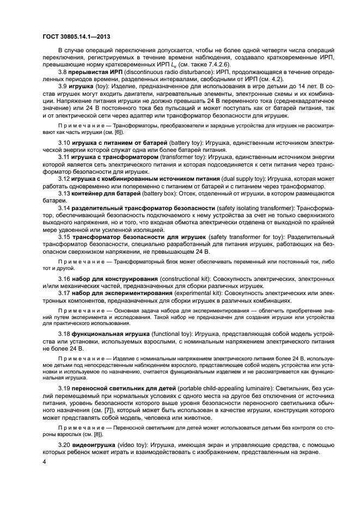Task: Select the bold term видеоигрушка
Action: tap(97, 444)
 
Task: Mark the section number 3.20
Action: tap(65, 444)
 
